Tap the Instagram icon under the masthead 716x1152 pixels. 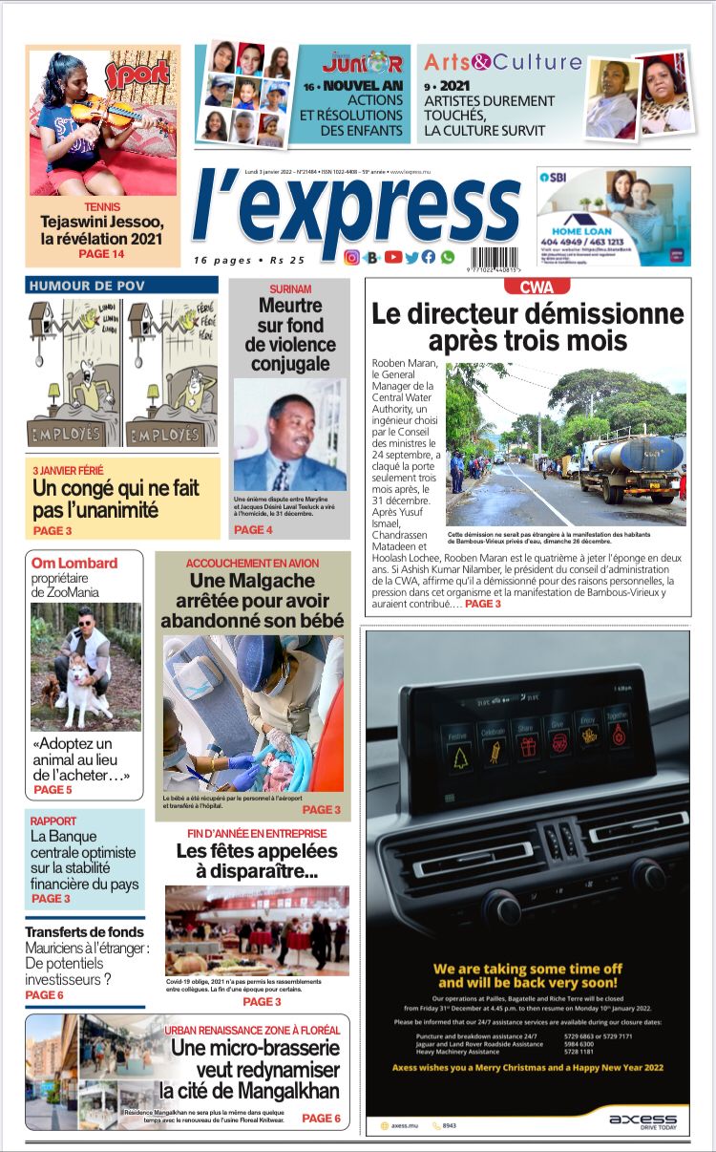click(351, 257)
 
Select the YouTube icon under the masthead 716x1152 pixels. click(393, 257)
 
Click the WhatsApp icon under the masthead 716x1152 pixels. click(448, 257)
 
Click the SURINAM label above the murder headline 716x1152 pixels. click(290, 288)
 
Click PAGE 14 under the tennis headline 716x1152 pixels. click(101, 254)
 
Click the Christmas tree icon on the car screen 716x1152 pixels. click(460, 757)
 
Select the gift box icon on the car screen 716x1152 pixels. click(528, 746)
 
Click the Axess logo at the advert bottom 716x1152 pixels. click(642, 1120)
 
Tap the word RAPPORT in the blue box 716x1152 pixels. click(53, 821)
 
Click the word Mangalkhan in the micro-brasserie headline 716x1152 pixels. click(285, 1090)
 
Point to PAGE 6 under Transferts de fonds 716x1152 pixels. click(44, 995)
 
